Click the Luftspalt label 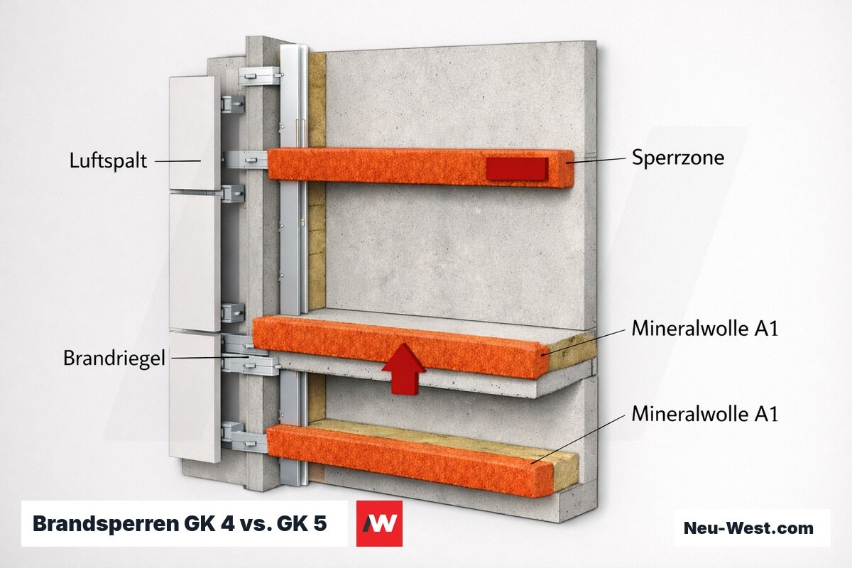[x=108, y=161]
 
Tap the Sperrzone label [x=678, y=158]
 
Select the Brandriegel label [x=114, y=359]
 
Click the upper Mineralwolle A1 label [x=705, y=328]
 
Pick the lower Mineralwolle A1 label [x=705, y=413]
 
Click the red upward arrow [x=403, y=369]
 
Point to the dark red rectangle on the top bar [x=518, y=168]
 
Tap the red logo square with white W [x=379, y=523]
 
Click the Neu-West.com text [x=748, y=528]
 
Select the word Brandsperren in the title [x=105, y=524]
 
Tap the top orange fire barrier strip [x=420, y=168]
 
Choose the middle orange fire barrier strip [x=401, y=347]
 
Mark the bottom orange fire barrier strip [x=409, y=460]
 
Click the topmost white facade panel [x=195, y=133]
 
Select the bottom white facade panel [x=195, y=396]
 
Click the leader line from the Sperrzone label [x=596, y=160]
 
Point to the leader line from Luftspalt [x=177, y=161]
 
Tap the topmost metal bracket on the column [x=259, y=76]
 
